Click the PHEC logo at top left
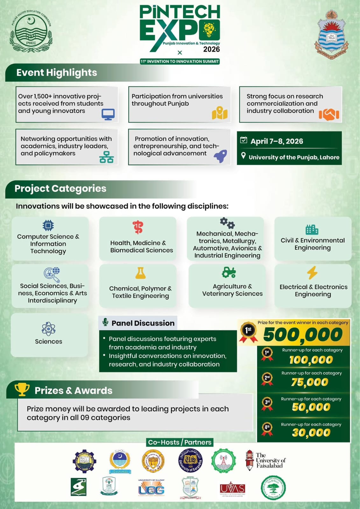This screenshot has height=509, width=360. point(31,31)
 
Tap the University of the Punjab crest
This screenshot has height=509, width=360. point(330,34)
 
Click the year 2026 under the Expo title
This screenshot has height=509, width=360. point(211,49)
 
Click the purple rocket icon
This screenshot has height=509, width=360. point(221,156)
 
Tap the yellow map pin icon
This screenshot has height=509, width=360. point(220,113)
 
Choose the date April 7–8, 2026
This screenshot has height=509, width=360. point(277,141)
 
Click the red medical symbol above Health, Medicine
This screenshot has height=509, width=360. point(138,227)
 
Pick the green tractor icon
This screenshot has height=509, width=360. point(229,272)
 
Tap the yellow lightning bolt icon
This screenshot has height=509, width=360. point(312,273)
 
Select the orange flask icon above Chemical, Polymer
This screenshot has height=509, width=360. point(140,273)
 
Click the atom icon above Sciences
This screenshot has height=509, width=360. point(48,329)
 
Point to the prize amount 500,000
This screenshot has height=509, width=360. point(303,335)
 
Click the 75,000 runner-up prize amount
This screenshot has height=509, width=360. point(310,382)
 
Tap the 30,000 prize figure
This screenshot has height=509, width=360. point(311,432)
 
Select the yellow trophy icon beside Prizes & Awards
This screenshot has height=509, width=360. point(22,389)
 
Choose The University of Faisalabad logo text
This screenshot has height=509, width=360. point(271,460)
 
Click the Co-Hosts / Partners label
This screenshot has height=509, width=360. point(180,442)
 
